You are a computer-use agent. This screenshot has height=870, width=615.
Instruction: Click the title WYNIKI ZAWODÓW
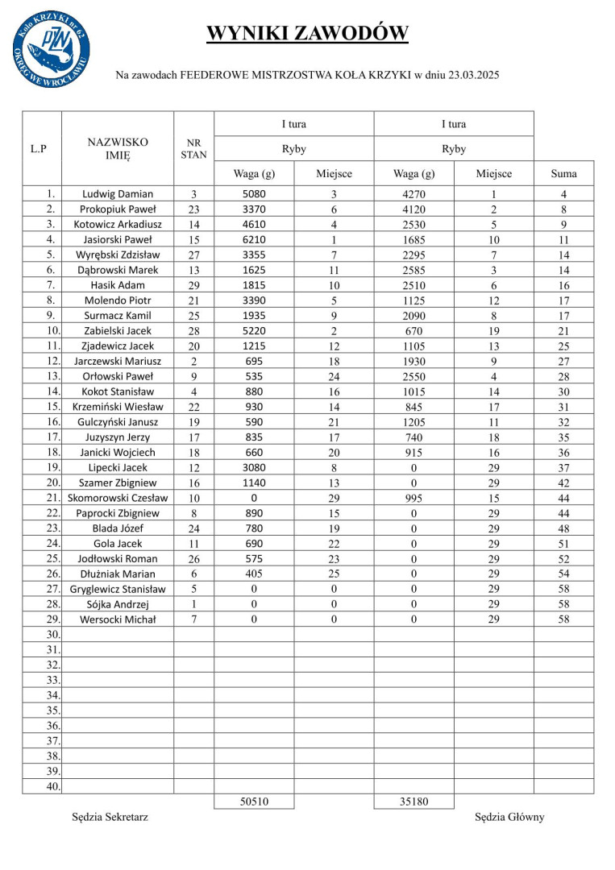tap(307, 33)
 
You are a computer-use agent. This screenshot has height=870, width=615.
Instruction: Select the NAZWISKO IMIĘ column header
tap(118, 148)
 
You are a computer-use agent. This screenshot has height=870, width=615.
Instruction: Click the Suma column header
tap(563, 173)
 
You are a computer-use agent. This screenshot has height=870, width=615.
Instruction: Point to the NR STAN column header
tap(193, 148)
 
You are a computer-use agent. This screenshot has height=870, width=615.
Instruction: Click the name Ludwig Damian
tap(118, 194)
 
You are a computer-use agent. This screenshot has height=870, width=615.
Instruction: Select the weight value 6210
tap(253, 239)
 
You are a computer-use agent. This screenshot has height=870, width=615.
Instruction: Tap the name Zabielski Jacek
tap(118, 330)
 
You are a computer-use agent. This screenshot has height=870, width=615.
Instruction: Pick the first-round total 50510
tap(253, 802)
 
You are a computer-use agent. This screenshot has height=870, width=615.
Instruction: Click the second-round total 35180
tap(413, 802)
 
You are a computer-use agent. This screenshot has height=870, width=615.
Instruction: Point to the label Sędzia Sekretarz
tap(110, 817)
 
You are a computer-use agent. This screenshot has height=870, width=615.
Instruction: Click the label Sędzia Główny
tap(509, 817)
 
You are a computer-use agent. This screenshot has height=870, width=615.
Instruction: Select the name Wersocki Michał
tap(118, 619)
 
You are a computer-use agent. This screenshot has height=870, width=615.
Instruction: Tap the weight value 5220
tap(253, 330)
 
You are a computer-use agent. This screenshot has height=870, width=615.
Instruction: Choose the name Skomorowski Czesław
tap(118, 498)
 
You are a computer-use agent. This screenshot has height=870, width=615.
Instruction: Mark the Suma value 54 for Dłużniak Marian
tap(563, 574)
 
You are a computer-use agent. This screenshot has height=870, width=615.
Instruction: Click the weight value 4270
tap(413, 194)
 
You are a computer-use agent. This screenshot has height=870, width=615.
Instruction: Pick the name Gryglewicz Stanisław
tap(118, 589)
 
